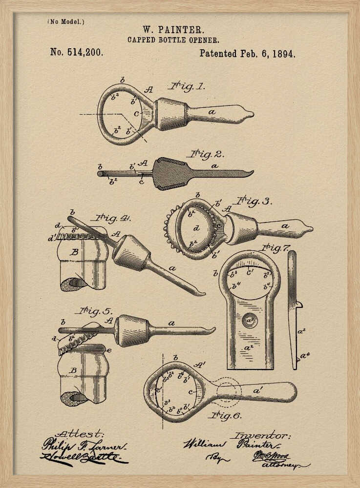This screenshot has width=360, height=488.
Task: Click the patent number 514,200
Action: pos(77,52)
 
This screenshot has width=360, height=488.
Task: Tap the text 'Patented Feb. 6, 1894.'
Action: pos(247,54)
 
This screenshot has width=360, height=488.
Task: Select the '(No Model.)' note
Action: pos(66,21)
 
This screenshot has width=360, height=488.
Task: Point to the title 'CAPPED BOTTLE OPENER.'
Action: pos(173,40)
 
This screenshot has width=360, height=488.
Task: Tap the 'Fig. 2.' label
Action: pos(207,155)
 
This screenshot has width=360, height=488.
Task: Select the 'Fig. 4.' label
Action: pos(113,218)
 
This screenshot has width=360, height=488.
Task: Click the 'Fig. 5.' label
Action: pos(94,310)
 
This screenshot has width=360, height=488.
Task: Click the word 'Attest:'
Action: pos(80,433)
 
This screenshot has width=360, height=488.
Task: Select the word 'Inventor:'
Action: pos(261,435)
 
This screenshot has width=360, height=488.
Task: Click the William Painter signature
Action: pos(231,445)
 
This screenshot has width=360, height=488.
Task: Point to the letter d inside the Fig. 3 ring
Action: pos(196,228)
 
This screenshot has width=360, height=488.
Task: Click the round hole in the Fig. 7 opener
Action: pos(249,321)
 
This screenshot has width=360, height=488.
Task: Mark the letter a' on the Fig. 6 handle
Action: pos(258,390)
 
